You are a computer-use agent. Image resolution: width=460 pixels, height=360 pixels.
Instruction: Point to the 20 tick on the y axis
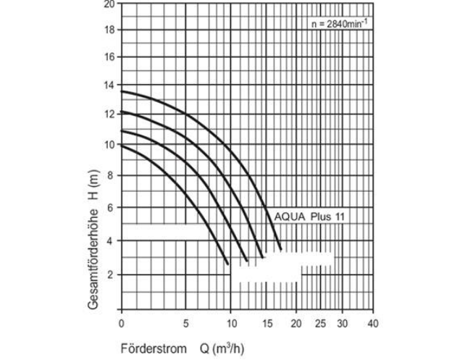109,4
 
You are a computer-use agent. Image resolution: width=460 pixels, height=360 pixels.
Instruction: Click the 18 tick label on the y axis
109,30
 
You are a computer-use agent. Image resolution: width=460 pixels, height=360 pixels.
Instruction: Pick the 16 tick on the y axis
109,56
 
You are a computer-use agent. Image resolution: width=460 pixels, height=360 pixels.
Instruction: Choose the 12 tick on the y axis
109,114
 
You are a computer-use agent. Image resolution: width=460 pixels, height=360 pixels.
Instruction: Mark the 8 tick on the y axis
109,175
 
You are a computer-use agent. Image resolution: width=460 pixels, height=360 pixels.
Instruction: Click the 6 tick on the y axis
109,207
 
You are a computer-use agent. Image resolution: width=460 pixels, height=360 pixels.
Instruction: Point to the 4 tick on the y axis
109,240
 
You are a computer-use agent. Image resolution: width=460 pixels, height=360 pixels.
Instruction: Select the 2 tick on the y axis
109,275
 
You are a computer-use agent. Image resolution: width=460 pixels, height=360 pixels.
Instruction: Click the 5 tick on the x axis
186,323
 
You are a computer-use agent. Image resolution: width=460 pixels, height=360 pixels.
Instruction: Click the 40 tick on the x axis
372,323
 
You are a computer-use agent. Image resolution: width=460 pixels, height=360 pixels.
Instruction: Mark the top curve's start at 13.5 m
122,92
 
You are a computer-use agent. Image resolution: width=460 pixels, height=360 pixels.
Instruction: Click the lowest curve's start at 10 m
122,145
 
